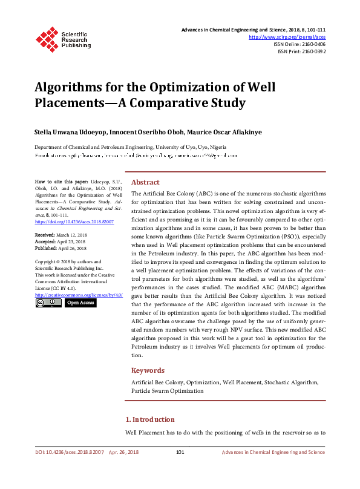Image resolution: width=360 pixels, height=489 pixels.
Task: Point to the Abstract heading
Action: point(145,182)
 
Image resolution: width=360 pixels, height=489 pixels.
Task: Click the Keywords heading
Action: point(148,370)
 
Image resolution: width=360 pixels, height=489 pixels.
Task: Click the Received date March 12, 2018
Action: point(69,234)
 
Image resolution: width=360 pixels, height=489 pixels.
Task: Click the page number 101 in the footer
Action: point(180,452)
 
